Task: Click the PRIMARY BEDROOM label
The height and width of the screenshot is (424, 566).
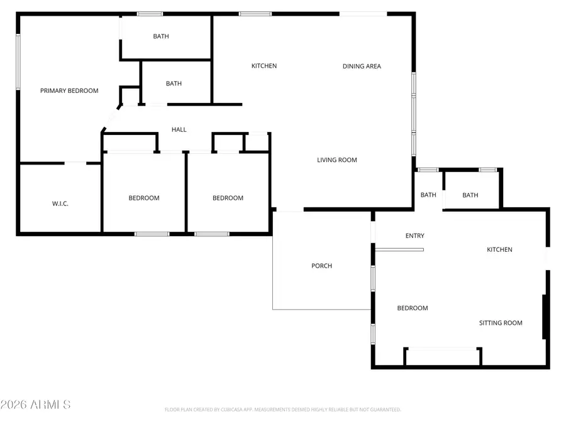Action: (69, 90)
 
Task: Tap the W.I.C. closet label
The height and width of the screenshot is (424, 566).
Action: (60, 204)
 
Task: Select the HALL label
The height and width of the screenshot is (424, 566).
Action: (179, 129)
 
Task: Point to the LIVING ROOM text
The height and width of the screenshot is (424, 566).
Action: (336, 160)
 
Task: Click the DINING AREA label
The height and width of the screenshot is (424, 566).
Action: (362, 66)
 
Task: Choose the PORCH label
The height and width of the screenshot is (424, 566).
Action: (321, 266)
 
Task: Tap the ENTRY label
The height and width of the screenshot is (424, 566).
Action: (414, 236)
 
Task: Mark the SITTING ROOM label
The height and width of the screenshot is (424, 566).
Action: (501, 323)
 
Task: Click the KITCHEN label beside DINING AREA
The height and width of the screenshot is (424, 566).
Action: (264, 66)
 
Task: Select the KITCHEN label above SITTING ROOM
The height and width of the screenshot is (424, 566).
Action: (499, 249)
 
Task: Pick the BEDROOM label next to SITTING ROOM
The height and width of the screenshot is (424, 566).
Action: (413, 308)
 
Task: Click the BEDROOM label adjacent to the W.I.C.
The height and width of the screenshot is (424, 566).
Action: (144, 198)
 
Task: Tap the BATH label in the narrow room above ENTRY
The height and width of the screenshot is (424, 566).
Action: (428, 195)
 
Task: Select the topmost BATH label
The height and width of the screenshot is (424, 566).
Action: (161, 36)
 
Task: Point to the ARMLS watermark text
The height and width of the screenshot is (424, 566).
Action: (36, 405)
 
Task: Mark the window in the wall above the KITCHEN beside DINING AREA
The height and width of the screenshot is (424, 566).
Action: (255, 14)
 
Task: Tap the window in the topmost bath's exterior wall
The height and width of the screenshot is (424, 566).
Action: (150, 14)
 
